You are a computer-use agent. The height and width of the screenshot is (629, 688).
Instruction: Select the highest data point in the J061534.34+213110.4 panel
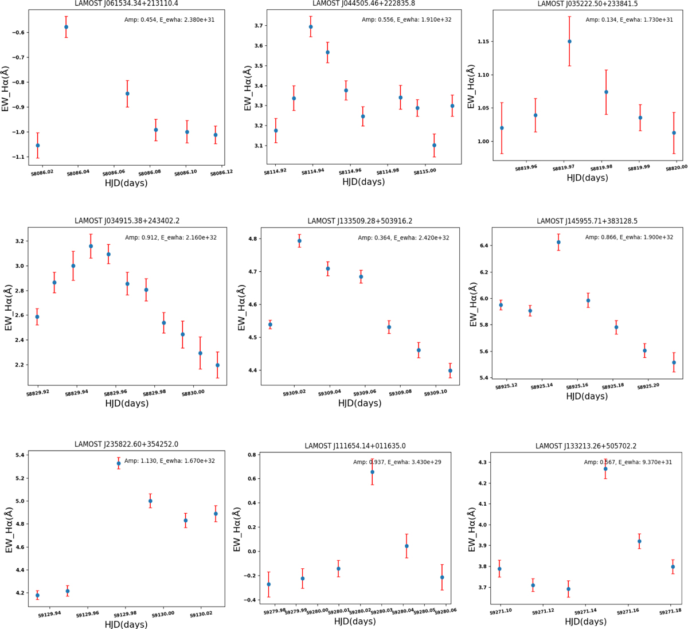67,27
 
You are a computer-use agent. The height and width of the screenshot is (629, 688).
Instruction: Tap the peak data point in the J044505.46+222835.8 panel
311,27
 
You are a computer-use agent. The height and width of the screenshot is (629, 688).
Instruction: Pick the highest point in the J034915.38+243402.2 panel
91,246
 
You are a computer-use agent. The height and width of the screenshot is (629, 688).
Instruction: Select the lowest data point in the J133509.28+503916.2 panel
450,370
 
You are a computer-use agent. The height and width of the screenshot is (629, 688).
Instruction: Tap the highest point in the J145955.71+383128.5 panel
558,242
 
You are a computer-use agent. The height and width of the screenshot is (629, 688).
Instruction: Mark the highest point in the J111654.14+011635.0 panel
372,472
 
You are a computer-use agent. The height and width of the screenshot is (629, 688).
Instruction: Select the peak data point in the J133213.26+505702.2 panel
605,469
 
